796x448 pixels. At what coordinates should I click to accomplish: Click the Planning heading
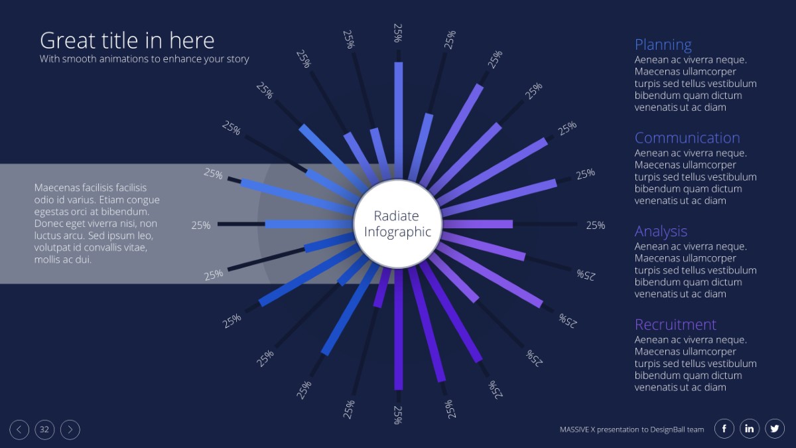663,45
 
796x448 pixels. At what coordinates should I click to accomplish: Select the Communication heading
687,138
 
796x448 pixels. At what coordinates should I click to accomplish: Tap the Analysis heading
661,232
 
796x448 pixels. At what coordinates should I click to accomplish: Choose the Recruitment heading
675,325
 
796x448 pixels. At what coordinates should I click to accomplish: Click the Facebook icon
724,429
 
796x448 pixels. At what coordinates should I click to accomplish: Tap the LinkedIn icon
750,429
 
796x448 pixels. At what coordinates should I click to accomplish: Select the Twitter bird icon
775,429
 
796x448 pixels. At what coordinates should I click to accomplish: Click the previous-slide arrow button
19,429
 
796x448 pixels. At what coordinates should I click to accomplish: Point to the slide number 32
44,429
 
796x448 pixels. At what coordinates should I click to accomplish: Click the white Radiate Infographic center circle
397,224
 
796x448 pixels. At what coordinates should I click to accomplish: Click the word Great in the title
68,40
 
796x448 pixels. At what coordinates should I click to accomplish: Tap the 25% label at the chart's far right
596,225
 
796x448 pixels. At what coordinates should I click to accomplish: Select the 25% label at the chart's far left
201,225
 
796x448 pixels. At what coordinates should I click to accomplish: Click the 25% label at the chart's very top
398,33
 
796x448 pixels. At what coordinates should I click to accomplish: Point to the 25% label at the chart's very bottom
398,415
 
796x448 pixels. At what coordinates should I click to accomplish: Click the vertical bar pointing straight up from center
399,121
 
